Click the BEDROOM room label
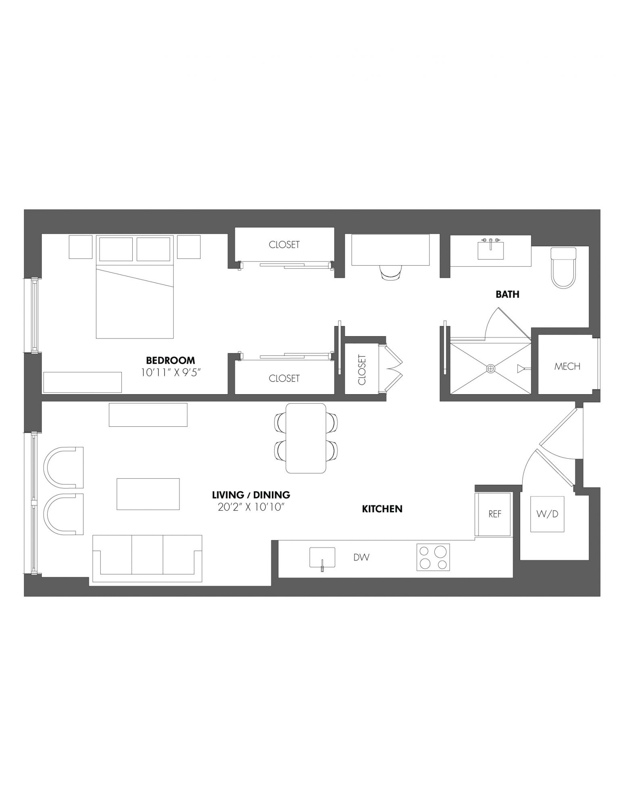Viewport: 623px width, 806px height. [x=170, y=360]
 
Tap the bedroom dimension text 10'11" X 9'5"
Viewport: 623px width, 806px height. [x=171, y=373]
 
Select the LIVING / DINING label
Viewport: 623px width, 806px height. [x=251, y=494]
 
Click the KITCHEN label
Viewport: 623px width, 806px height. [x=382, y=509]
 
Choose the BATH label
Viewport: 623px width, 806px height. [x=507, y=295]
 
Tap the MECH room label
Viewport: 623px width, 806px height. [x=567, y=366]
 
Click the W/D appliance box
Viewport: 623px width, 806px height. [x=547, y=514]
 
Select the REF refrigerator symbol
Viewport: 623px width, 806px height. [x=494, y=514]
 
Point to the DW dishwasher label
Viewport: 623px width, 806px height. [x=361, y=557]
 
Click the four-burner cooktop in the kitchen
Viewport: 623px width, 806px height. [x=433, y=557]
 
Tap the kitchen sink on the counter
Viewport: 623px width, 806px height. [x=322, y=558]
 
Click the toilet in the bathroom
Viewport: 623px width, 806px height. [x=563, y=268]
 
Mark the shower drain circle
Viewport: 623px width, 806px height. [x=490, y=368]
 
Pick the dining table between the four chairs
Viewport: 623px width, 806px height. [x=306, y=438]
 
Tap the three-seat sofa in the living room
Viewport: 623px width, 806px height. [x=147, y=559]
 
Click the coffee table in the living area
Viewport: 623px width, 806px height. [x=148, y=494]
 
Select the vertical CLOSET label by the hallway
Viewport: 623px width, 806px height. [x=361, y=370]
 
